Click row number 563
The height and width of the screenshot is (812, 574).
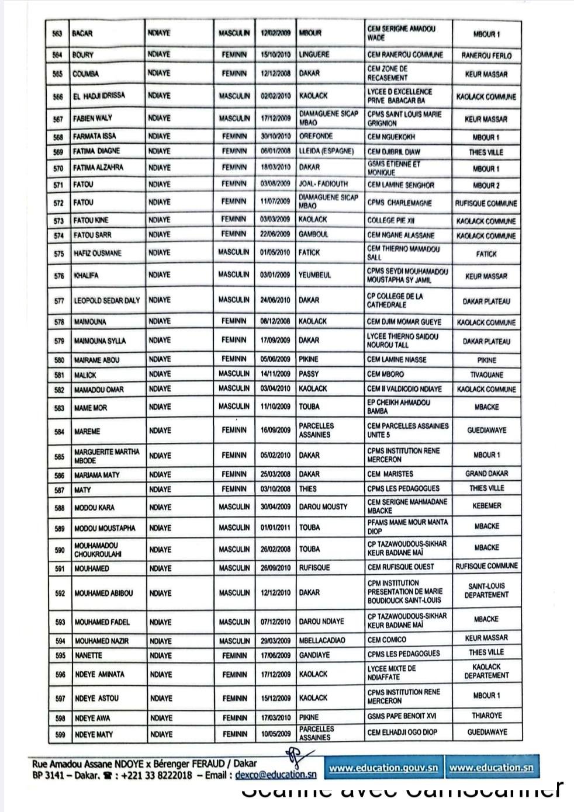coord(57,33)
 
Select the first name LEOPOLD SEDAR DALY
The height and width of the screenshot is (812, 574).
coord(107,301)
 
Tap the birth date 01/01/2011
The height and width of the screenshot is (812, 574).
coord(275,528)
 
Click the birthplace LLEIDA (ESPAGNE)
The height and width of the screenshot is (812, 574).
coord(326,151)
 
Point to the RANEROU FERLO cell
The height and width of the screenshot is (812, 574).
coord(486,56)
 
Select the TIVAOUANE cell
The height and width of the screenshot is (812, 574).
coord(486,375)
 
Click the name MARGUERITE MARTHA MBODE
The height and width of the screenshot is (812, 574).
coord(106,456)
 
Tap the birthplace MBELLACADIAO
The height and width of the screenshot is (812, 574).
coord(322,640)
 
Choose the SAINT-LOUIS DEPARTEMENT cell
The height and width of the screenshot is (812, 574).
coord(486,591)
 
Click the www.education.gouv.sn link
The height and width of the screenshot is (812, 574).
coord(383,768)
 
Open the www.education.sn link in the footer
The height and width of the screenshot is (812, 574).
coord(491,768)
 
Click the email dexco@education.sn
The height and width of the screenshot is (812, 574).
coord(276,775)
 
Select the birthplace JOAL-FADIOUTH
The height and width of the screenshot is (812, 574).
coord(323,184)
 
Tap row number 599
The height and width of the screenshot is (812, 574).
coord(60,734)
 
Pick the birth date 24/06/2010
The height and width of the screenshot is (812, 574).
coord(275,300)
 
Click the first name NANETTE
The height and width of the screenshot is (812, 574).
coord(88,655)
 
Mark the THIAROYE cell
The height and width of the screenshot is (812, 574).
coord(486,716)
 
